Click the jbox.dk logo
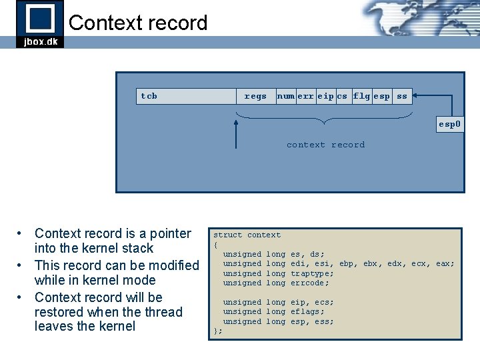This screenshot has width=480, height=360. point(40,24)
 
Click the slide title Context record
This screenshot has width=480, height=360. point(138,23)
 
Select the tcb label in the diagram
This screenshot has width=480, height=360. point(149,96)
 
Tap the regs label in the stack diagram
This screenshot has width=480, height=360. point(255,96)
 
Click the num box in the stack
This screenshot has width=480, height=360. point(285,96)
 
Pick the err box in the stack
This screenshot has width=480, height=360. point(305,96)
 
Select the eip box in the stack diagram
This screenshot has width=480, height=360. point(325,96)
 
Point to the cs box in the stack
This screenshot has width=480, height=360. point(342,96)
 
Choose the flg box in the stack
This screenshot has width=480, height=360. point(361,96)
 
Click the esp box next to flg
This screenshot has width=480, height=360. point(381,96)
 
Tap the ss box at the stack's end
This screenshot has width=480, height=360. point(401,96)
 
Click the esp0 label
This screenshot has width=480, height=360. point(449,124)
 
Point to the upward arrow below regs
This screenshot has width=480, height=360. point(236,133)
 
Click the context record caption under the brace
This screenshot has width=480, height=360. point(325,145)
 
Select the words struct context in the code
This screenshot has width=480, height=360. point(247,235)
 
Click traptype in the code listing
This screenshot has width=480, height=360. point(312,273)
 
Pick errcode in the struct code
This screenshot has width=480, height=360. point(309,283)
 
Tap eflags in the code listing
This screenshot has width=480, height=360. point(307,311)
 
